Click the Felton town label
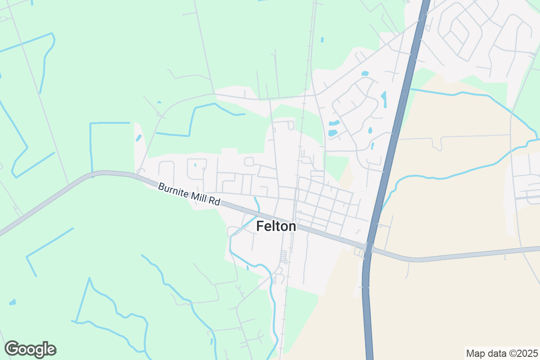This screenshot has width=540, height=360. coord(276,226)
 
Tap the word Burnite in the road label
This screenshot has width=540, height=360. coord(173,189)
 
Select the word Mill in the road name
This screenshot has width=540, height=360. coord(199,197)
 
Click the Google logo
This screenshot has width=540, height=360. coord(30,349)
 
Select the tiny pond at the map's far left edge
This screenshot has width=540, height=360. coord(12,302)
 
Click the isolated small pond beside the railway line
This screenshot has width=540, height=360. coord(322,40)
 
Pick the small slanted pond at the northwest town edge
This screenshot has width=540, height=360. coord(139,138)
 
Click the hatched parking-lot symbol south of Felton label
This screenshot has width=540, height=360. coord(283,257)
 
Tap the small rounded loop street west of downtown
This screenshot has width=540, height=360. coord(249,161)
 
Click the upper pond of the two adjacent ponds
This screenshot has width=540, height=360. coord(334,123)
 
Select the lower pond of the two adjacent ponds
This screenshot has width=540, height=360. coord(333,133)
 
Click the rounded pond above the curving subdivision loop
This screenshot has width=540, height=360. coord(365,73)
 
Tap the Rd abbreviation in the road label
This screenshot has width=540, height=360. coord(214,202)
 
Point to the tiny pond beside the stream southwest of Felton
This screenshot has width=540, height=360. coord(247,269)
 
